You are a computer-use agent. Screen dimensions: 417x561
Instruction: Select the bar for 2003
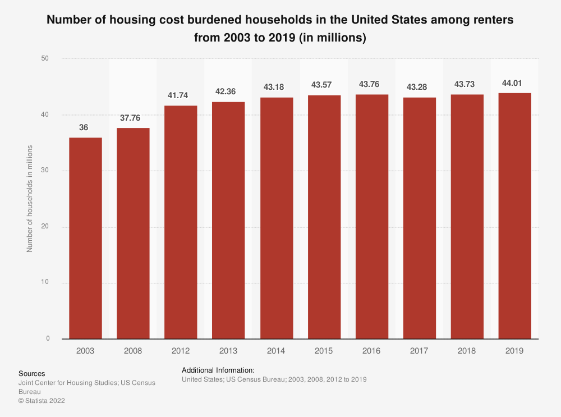pos(85,238)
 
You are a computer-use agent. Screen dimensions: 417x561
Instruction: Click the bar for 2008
pos(133,233)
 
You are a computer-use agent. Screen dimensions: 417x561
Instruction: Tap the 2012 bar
pos(181,222)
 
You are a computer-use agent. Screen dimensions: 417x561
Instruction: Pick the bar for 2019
pos(515,216)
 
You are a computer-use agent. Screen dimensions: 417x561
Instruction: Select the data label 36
pos(84,128)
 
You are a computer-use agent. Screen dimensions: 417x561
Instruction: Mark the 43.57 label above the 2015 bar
pos(324,86)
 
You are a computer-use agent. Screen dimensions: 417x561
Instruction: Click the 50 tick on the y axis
pos(45,58)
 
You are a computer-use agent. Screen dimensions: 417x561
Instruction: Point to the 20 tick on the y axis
pos(45,227)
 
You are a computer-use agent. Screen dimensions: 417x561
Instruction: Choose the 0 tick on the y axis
pos(47,339)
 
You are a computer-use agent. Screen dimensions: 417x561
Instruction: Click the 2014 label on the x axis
pos(276,351)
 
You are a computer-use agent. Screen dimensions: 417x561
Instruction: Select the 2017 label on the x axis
pos(419,351)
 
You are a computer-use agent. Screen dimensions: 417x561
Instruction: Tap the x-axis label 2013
pos(228,351)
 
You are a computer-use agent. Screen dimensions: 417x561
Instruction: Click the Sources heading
pos(32,373)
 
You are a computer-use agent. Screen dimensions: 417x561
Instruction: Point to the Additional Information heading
pos(218,370)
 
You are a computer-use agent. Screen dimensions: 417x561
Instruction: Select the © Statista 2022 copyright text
pos(43,401)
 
